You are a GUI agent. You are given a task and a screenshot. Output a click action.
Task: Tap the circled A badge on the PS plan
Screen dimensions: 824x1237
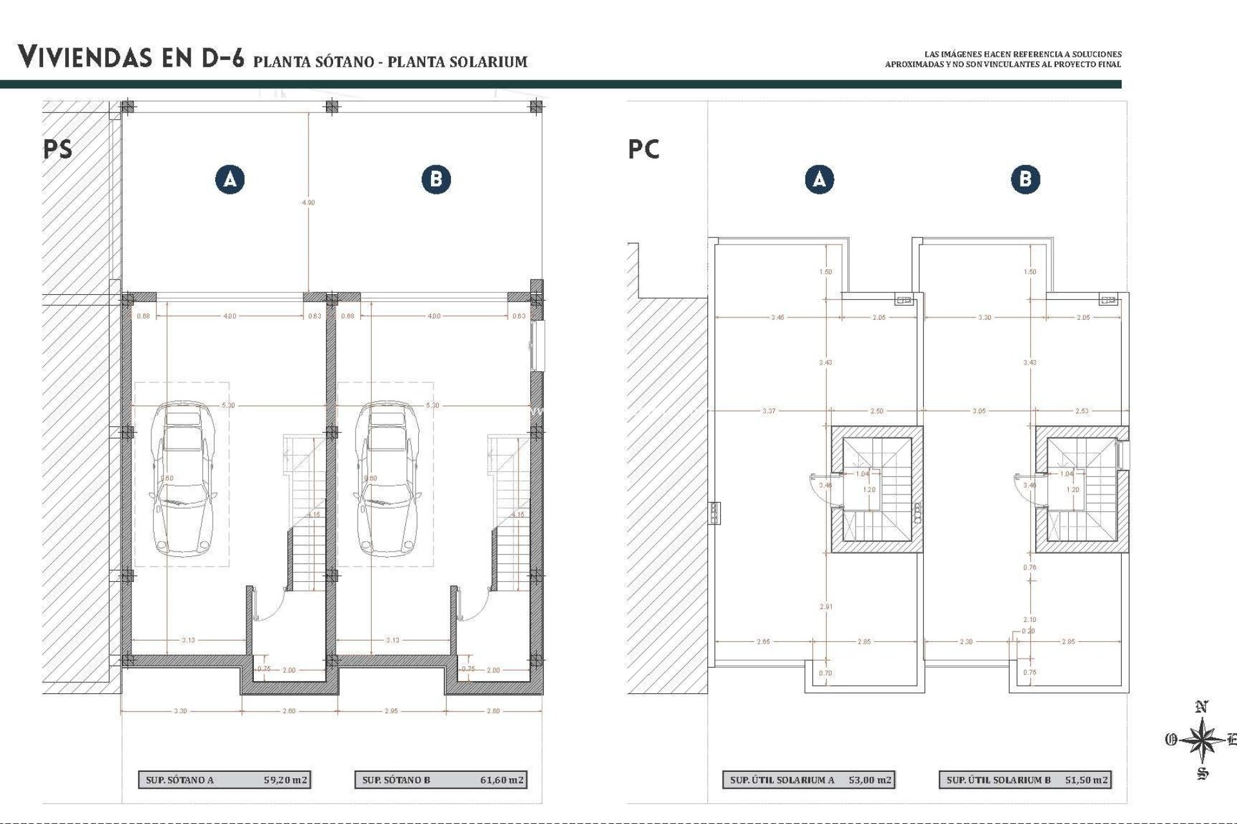[x=230, y=179]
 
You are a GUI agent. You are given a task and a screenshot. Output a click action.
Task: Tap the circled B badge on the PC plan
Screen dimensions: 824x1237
[x=1025, y=179]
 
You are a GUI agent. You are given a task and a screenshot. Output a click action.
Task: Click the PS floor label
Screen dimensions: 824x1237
[x=58, y=149]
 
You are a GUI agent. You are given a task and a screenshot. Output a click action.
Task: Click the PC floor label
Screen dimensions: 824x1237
[x=644, y=149]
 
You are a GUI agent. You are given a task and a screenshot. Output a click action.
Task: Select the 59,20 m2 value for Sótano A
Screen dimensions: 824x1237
[x=285, y=780]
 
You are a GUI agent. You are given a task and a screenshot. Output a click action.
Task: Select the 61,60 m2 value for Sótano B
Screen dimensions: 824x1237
[x=502, y=780]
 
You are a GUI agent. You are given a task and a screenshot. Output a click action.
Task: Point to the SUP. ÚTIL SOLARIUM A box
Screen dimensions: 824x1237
[x=808, y=780]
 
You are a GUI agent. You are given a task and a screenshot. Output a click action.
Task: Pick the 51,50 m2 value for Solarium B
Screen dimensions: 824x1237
[x=1086, y=780]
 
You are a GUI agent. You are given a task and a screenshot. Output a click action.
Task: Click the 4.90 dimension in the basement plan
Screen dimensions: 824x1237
[x=309, y=202]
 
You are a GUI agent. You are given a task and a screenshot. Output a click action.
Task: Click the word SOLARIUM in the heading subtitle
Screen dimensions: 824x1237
[x=490, y=62]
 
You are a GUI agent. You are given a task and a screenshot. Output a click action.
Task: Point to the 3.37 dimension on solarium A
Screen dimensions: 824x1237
[x=769, y=411]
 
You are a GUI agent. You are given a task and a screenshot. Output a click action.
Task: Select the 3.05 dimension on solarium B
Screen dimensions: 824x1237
[x=979, y=411]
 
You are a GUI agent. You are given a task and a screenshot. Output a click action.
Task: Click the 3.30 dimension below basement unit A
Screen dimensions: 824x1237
[x=180, y=711]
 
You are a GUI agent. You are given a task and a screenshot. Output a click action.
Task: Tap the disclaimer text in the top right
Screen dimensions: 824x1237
[x=1003, y=59]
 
